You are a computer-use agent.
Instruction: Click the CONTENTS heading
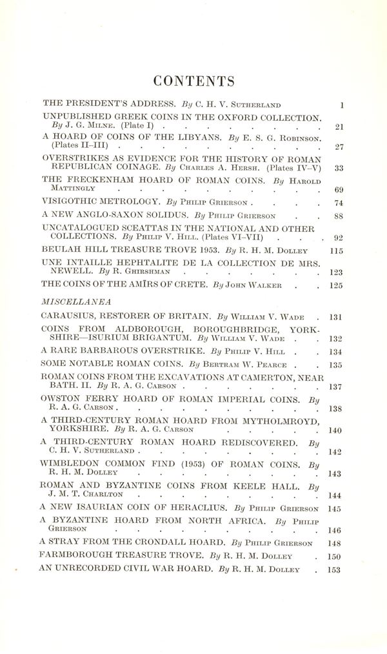point(193,81)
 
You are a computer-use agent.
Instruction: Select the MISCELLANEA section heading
point(68,301)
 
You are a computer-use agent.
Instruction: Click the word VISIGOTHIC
point(71,202)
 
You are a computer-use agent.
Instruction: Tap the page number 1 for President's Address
point(342,103)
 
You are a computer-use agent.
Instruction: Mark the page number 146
point(337,530)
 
